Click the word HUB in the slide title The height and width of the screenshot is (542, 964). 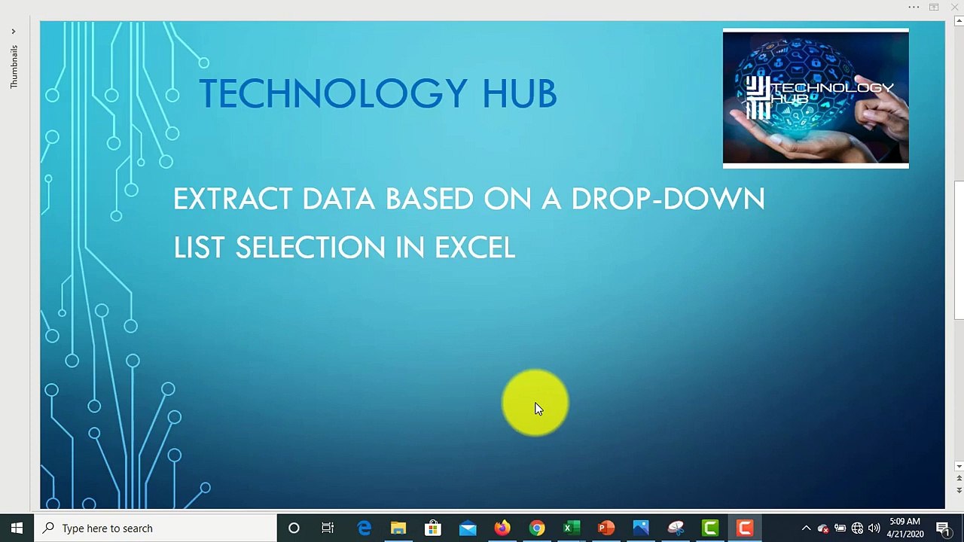(x=519, y=94)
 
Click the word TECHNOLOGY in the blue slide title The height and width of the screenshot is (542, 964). (x=332, y=94)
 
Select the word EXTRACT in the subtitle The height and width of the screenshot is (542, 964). (x=232, y=199)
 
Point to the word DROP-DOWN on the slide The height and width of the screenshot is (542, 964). (x=667, y=199)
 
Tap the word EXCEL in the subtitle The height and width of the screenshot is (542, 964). (x=474, y=248)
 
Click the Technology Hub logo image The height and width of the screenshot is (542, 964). (x=816, y=98)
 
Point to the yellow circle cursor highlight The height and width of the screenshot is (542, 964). (x=535, y=403)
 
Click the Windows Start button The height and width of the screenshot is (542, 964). (x=17, y=528)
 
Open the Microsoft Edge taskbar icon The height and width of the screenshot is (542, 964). (x=364, y=528)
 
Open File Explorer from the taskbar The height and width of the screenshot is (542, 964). (x=398, y=528)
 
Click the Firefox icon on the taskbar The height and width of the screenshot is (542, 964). (x=502, y=528)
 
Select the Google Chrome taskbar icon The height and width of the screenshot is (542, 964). (x=537, y=528)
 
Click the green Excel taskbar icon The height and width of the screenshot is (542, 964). (x=572, y=528)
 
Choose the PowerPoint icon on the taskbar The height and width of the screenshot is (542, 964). (x=606, y=528)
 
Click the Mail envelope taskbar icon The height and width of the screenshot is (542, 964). (x=468, y=528)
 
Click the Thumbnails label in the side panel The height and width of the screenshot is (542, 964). (x=14, y=67)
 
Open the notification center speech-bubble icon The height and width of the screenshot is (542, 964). (x=943, y=528)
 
